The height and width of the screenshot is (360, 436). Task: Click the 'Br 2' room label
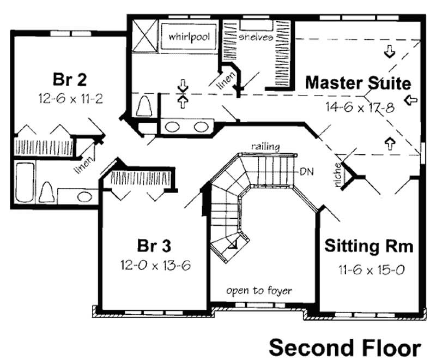click(69, 79)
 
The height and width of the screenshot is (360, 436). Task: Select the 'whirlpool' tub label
click(189, 37)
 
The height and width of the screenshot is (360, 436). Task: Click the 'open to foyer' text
click(259, 290)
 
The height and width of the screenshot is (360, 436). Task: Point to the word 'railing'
click(266, 146)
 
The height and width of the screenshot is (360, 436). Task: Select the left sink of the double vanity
click(173, 128)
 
